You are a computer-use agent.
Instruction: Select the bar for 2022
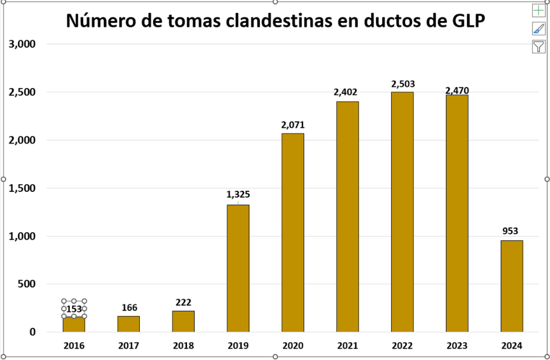402,211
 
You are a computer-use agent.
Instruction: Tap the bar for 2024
512,286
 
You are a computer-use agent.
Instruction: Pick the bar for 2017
129,324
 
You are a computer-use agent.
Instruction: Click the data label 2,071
293,125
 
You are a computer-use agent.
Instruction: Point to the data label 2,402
347,93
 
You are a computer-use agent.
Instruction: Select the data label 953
511,231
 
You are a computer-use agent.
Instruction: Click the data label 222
183,302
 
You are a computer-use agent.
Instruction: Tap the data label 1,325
238,195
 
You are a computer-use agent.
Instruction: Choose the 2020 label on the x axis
292,346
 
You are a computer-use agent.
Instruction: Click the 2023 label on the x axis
457,346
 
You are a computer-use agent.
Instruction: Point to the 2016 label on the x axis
74,346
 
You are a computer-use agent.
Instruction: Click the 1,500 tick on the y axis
23,188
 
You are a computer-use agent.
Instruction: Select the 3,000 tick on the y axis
23,44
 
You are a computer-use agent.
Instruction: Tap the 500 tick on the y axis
27,284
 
